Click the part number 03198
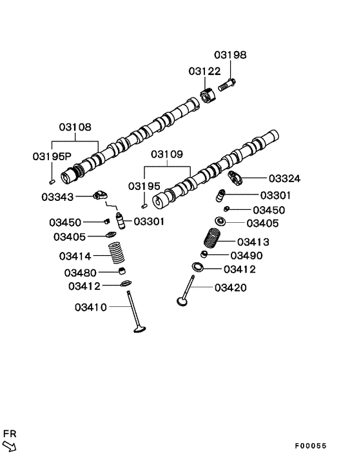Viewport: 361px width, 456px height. [230, 56]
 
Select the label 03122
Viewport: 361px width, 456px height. [204, 70]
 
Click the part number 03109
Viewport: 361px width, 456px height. [167, 155]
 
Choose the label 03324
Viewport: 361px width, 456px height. [284, 178]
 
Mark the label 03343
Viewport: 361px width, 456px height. [57, 196]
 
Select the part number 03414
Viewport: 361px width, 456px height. [76, 256]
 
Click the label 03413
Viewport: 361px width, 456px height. [253, 242]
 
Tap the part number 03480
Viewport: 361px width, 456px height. [81, 273]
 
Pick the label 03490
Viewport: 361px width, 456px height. [244, 256]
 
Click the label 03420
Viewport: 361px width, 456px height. [230, 287]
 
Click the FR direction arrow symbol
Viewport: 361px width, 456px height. [10, 445]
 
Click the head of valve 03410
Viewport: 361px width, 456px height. [139, 331]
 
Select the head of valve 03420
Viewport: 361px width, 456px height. [183, 300]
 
